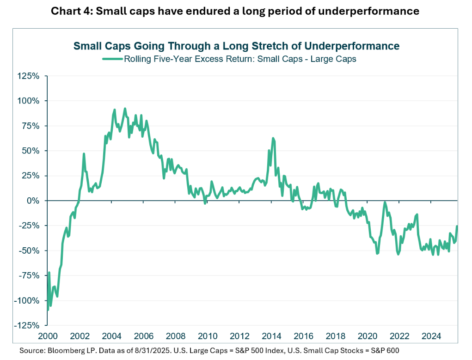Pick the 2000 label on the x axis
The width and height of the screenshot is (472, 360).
pyautogui.click(x=47, y=336)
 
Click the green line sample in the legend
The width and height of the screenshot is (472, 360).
pyautogui.click(x=112, y=59)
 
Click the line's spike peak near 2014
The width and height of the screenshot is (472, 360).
pyautogui.click(x=273, y=138)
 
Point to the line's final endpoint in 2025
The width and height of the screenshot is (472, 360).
pyautogui.click(x=457, y=226)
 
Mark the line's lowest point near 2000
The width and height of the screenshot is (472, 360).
pyautogui.click(x=48, y=310)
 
